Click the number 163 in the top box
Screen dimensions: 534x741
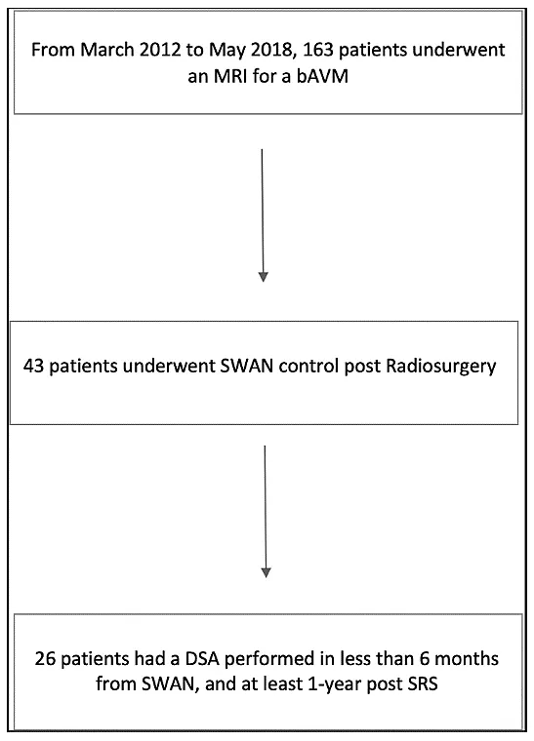[x=318, y=50]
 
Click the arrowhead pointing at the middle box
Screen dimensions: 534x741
[x=263, y=277]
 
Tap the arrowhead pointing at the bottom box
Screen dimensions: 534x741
[x=266, y=572]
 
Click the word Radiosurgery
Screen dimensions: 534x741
[x=441, y=367]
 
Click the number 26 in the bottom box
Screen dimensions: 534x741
[x=46, y=658]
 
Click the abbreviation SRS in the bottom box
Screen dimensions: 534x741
[x=421, y=683]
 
